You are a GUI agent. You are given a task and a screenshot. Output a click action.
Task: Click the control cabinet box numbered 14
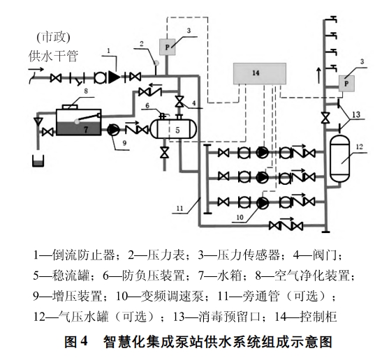click(x=260, y=73)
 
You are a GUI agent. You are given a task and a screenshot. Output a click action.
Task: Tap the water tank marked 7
click(x=78, y=122)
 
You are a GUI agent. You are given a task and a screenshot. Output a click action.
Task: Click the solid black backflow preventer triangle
click(x=114, y=77)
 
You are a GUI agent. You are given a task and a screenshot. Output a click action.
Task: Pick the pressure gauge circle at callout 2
click(x=156, y=63)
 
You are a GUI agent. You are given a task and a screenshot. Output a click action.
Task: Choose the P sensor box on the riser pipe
click(x=346, y=84)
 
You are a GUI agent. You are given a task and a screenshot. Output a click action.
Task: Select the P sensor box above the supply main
click(x=167, y=47)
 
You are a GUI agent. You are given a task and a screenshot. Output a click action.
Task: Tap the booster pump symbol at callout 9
click(x=113, y=130)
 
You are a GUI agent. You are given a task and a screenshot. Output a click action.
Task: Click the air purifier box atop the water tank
click(x=70, y=107)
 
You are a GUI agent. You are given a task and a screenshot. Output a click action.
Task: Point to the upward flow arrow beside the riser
click(x=319, y=76)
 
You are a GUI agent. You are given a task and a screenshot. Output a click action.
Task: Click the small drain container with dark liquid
click(x=38, y=161)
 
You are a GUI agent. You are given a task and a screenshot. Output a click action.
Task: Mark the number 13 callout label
click(x=356, y=114)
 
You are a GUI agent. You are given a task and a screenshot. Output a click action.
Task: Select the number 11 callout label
click(x=179, y=209)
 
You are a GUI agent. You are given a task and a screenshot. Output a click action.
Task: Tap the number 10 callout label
click(x=240, y=217)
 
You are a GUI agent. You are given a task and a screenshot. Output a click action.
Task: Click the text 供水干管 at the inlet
click(x=53, y=57)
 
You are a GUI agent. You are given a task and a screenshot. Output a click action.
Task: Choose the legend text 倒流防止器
click(x=84, y=255)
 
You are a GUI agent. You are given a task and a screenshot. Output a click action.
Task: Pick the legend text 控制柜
click(x=318, y=317)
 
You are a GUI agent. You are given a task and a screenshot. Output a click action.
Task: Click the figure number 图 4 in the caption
click(x=76, y=342)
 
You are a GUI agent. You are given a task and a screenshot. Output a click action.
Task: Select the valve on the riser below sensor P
click(x=324, y=118)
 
